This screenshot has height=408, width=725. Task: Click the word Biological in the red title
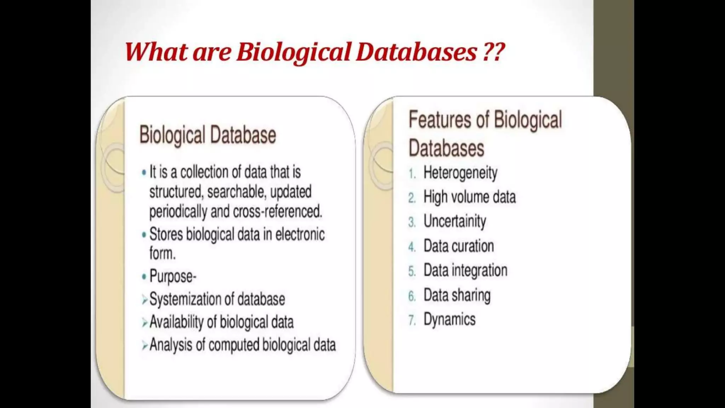coord(293,52)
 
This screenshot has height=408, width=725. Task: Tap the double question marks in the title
coord(493,52)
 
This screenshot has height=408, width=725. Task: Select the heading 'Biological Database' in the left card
coord(207,135)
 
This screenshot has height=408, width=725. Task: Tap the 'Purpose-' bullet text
coord(173,276)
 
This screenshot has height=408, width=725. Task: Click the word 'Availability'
coord(176,322)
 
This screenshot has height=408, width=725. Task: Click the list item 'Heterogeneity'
coord(460,173)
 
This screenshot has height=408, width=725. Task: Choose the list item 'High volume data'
coord(469,197)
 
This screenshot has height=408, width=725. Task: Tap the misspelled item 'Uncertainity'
coord(455,221)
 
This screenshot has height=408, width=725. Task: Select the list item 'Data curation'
coord(458,246)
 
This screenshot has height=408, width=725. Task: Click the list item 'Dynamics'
coord(449,319)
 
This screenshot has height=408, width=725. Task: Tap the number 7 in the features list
coord(411,320)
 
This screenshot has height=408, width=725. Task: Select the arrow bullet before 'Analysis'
coord(144,345)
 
